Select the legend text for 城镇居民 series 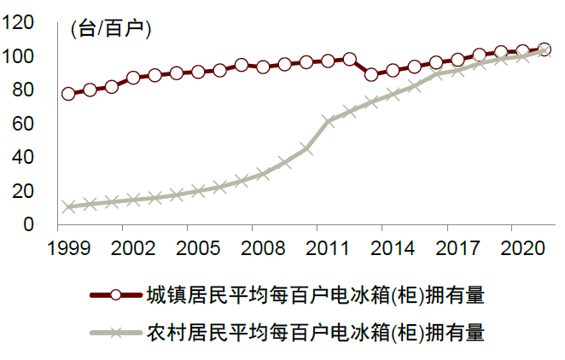[x=315, y=295]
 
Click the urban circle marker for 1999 [x=68, y=93]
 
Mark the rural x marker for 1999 [x=68, y=207]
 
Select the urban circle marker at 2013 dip [x=371, y=74]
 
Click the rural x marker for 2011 [x=328, y=120]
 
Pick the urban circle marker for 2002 [x=133, y=78]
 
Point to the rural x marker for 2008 [x=263, y=174]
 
